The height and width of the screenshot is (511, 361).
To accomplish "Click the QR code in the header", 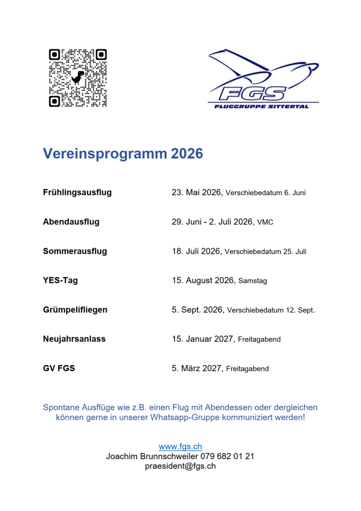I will [x=78, y=78].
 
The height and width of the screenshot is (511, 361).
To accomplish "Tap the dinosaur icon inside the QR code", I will [x=78, y=77].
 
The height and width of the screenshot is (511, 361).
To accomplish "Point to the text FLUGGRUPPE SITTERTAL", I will [x=261, y=106].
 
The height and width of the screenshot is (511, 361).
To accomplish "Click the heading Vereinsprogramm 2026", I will [x=123, y=154].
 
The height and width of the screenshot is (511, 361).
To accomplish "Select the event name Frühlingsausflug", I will [x=77, y=192].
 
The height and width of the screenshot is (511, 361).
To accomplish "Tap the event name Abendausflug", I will [x=71, y=222].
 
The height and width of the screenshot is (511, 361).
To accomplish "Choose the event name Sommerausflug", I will [x=75, y=251].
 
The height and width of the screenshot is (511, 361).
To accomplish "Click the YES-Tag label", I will [x=60, y=280].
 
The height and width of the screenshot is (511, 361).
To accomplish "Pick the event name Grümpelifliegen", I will [x=75, y=310].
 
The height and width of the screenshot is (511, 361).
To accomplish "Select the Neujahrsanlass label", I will [x=74, y=339].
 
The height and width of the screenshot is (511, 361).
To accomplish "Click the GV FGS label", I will [x=59, y=368].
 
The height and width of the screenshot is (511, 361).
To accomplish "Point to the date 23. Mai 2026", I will [x=196, y=192].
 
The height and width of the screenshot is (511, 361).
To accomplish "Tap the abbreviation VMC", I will [x=265, y=222].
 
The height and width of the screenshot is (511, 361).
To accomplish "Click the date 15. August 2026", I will [x=203, y=280].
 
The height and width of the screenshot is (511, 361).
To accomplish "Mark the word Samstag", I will [x=252, y=281].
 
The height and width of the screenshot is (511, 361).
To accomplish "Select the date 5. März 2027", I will [x=196, y=368].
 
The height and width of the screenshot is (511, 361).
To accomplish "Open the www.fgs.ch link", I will [x=180, y=447].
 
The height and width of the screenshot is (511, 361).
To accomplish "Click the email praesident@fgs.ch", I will [x=180, y=466].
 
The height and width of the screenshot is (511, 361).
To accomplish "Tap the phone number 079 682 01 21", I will [x=228, y=456].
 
